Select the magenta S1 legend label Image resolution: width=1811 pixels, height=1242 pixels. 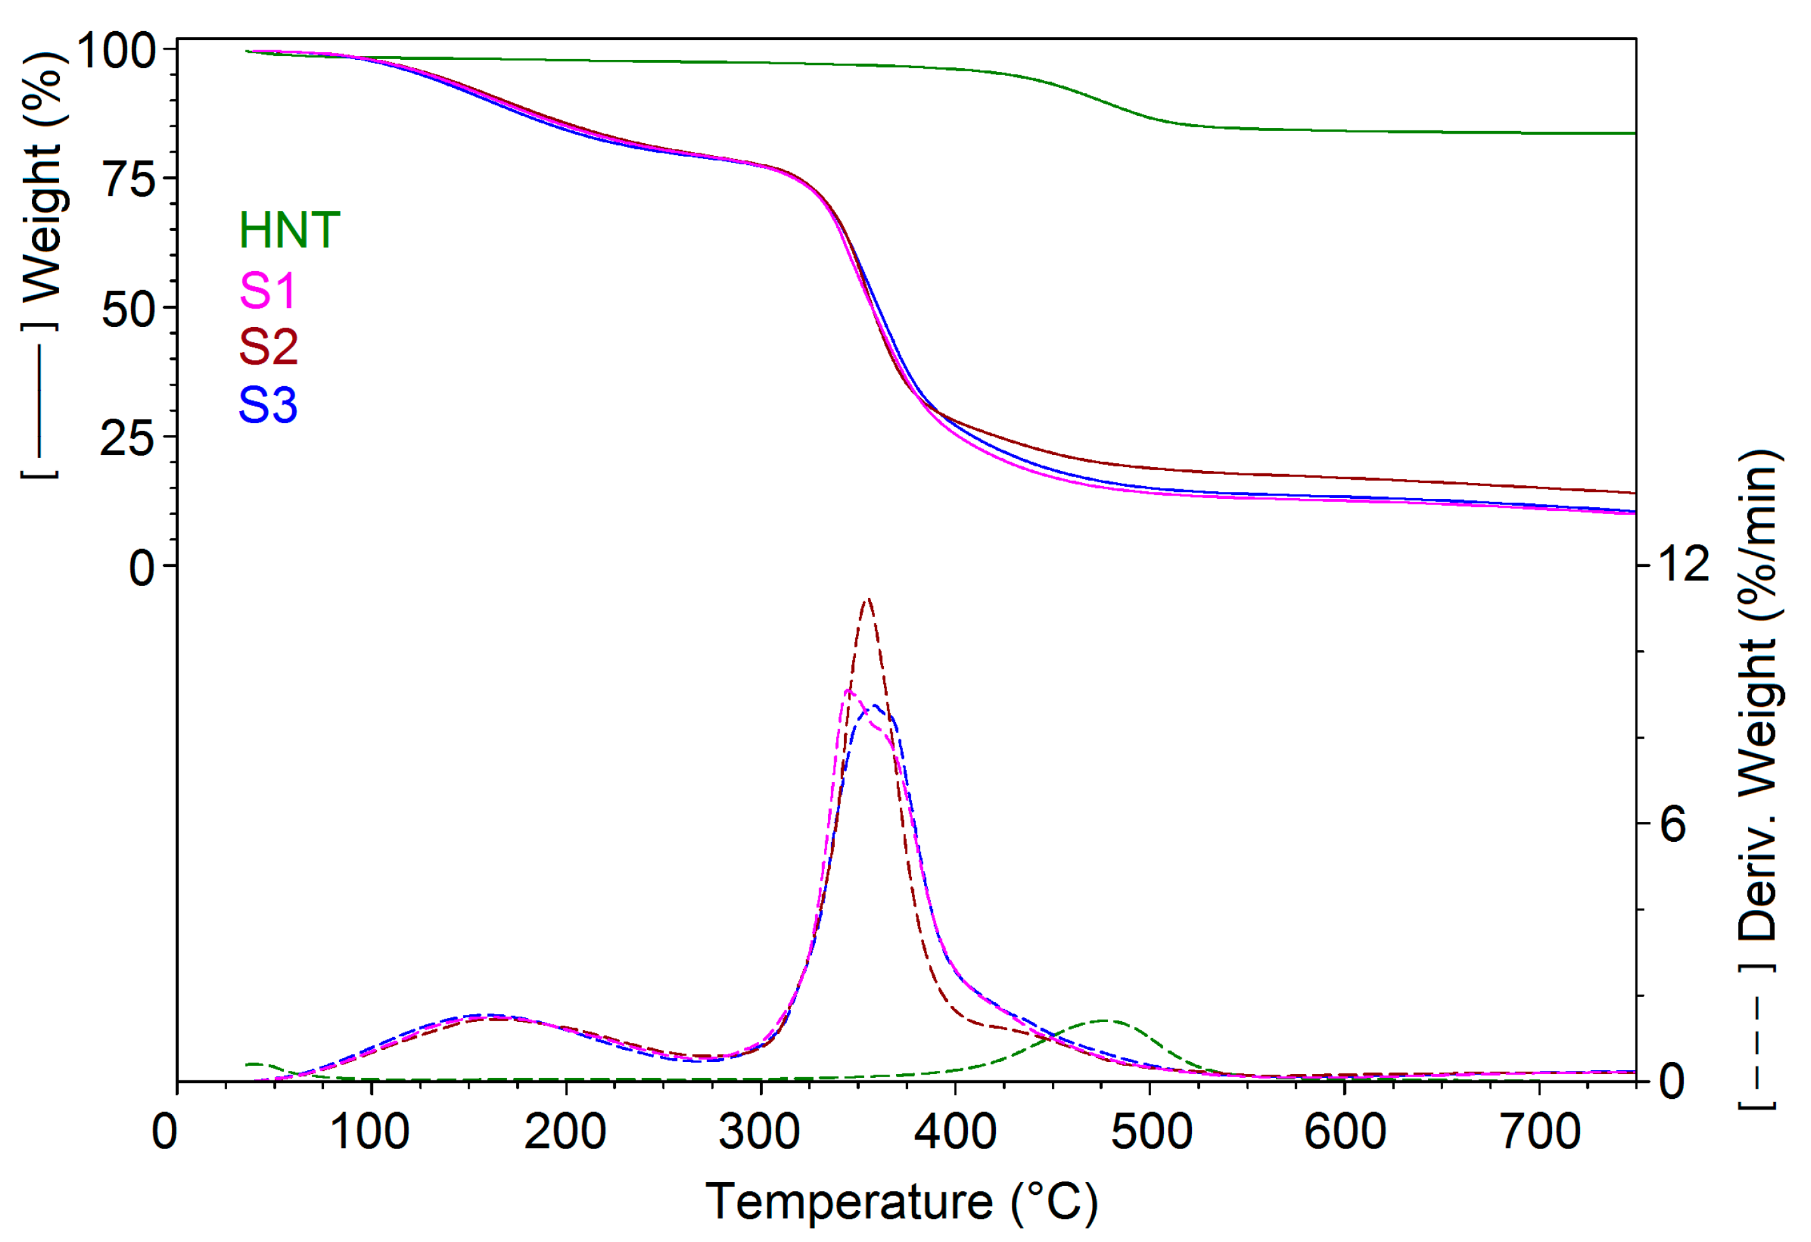coord(267,291)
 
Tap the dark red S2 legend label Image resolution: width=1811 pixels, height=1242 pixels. coord(268,347)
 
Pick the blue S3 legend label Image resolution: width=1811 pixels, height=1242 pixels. coord(268,405)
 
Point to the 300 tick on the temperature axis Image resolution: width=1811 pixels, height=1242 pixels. coord(759,1131)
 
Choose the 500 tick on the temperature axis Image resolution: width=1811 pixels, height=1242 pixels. coord(1151,1131)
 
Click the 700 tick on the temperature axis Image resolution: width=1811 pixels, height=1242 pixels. coord(1541,1131)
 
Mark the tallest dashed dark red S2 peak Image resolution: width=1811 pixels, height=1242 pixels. coord(868,600)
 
